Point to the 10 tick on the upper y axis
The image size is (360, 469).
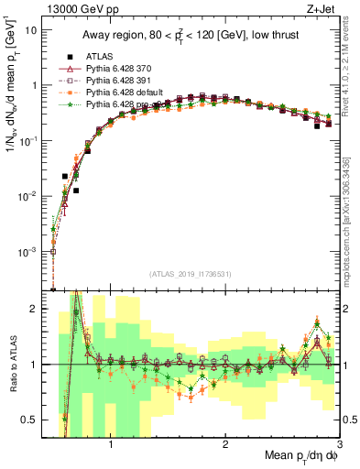pyautogui.click(x=31, y=29)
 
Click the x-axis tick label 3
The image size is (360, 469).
pyautogui.click(x=339, y=446)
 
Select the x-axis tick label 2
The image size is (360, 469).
pyautogui.click(x=225, y=446)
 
